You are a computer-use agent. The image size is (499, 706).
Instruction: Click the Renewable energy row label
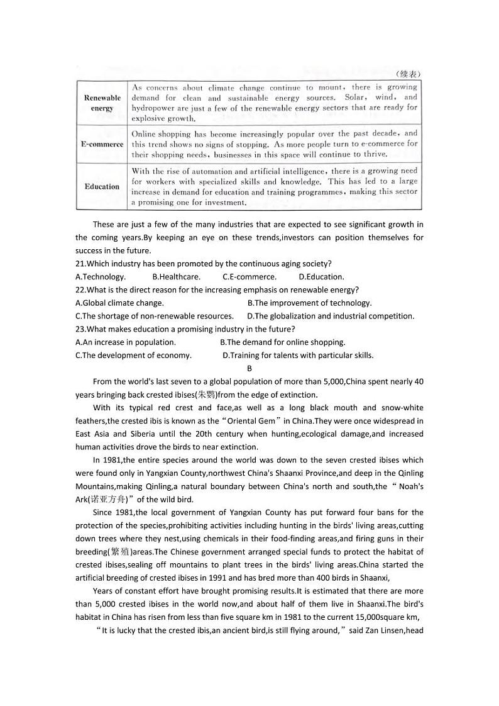[x=102, y=103]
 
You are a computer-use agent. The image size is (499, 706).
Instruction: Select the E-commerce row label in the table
[x=102, y=144]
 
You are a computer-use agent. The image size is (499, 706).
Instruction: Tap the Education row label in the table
[x=102, y=186]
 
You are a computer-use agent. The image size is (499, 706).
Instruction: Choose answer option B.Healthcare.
[x=176, y=277]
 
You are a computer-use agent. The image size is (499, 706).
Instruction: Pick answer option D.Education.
[x=321, y=277]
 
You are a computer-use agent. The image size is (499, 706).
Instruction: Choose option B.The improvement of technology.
[x=309, y=303]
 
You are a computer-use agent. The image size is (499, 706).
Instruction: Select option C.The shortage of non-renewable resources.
[x=154, y=317]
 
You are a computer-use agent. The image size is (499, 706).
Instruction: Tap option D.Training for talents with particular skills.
[x=298, y=356]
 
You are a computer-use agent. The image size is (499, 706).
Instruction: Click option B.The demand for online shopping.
[x=282, y=342]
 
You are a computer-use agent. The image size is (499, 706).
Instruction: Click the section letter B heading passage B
[x=249, y=369]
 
